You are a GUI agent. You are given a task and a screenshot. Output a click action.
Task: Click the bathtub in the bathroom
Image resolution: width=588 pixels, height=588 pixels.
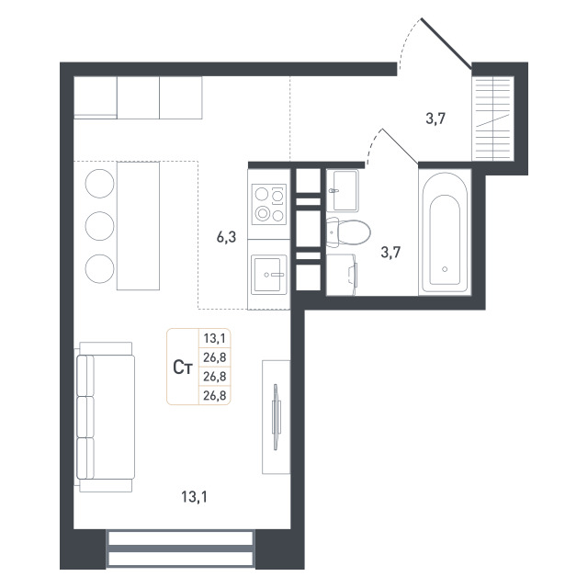tap(445, 232)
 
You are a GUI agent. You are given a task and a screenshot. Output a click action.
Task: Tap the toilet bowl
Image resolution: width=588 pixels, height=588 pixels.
tap(348, 232)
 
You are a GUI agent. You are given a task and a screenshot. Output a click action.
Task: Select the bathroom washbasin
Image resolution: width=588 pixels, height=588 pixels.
tap(343, 190)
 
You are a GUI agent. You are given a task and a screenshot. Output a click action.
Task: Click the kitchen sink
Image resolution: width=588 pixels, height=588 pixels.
tap(268, 275)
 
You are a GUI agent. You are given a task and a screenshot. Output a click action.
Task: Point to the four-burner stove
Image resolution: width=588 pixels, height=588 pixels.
tap(269, 204)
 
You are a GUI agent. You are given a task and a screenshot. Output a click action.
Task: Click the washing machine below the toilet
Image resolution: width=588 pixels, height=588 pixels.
tap(341, 275)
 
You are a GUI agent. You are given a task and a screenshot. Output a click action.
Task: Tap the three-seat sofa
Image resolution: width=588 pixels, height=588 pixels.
tap(106, 416)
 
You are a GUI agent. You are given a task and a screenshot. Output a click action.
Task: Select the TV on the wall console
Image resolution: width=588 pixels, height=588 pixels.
tap(277, 416)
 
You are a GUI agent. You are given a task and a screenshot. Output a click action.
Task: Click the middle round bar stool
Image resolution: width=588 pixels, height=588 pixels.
tap(99, 226)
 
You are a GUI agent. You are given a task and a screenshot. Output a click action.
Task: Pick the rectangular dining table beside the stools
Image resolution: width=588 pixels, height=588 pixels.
tap(139, 226)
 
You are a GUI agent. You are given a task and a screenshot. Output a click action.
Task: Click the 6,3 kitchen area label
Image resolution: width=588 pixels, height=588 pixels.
tap(227, 237)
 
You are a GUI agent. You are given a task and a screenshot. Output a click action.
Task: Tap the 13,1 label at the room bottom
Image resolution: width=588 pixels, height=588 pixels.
tap(194, 497)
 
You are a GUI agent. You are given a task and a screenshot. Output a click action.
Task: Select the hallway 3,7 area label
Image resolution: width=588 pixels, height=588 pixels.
tap(435, 119)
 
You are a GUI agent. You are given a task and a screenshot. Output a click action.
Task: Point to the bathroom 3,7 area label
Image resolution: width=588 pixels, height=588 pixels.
tap(390, 253)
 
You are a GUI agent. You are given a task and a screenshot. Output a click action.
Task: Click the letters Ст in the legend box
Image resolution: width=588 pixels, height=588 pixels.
tap(183, 367)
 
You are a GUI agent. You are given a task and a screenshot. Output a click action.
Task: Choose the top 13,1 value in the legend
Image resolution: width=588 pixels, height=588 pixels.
tap(214, 339)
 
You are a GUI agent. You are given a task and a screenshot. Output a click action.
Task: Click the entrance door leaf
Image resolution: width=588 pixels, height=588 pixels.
tap(446, 43)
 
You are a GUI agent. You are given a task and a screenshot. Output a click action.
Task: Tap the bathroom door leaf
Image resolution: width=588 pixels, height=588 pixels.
tap(400, 146)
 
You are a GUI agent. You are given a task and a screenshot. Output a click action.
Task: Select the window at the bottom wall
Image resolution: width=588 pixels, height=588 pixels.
tap(180, 548)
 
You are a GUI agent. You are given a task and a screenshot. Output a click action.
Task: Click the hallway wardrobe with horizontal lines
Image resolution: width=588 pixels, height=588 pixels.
tap(492, 119)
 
